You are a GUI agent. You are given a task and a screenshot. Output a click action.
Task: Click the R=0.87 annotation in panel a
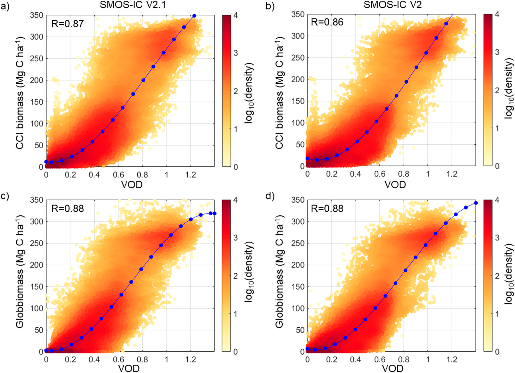pos(67,24)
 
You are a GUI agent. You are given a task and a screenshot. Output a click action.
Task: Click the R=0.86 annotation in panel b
pos(327,22)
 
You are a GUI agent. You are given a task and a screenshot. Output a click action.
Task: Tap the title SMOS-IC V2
pos(393,5)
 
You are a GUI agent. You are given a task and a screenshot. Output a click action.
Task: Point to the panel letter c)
pos(5,196)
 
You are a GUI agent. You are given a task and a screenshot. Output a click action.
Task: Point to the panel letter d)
pos(270,196)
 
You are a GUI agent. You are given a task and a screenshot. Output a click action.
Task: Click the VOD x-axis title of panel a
pos(132,185)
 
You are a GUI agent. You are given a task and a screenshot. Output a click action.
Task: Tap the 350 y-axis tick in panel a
pos(37,15)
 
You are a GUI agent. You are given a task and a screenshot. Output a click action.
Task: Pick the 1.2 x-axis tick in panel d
pos(452,360)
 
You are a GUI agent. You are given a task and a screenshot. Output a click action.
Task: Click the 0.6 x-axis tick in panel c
pos(118,360)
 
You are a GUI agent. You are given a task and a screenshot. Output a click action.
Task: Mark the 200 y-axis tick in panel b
pos(298,79)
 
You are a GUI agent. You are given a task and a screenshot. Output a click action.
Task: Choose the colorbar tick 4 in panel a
pos(236,15)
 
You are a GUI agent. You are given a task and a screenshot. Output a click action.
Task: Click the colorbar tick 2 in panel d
pos(497,276)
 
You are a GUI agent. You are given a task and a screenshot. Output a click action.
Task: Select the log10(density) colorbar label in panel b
pos(509,89)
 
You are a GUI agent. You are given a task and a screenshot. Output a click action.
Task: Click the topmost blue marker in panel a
pos(194,16)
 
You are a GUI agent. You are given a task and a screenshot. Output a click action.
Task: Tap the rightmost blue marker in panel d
pos(476,203)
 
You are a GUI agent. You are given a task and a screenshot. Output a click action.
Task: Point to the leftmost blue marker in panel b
pos(307,158)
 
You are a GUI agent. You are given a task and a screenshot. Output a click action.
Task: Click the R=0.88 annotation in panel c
pos(67,209)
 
